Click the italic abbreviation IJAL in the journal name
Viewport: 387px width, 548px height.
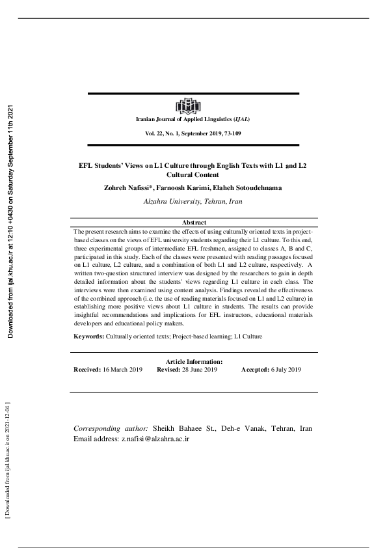click(x=240, y=120)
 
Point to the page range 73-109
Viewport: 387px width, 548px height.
click(x=232, y=133)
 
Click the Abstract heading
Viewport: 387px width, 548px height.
click(x=193, y=223)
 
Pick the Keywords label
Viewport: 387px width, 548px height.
click(x=88, y=336)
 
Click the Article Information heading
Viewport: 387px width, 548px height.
click(x=194, y=362)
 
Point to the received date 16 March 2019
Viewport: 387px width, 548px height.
click(x=123, y=370)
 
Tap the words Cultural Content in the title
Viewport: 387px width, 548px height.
click(x=193, y=175)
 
